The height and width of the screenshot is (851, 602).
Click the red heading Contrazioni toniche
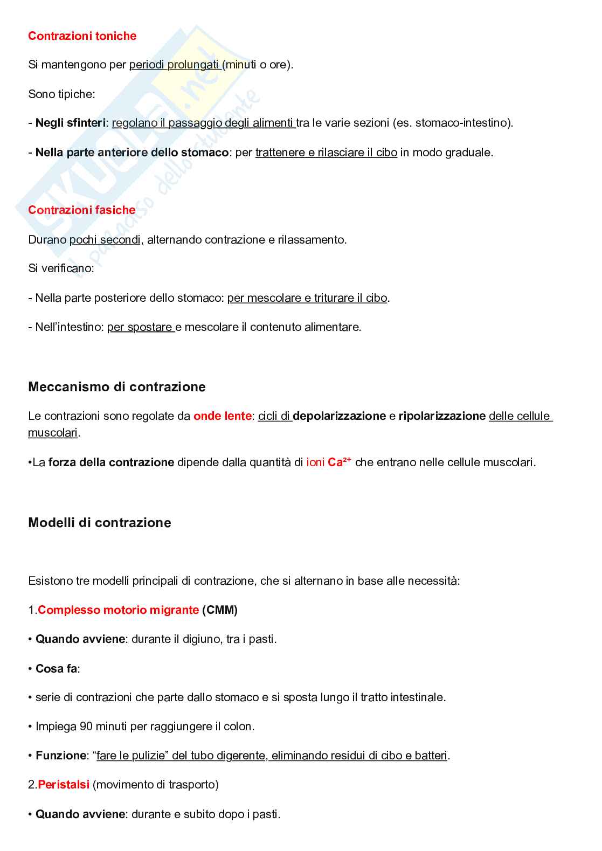tap(82, 36)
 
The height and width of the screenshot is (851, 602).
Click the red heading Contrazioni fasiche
tap(81, 210)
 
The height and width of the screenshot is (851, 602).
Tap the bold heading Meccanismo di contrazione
tap(116, 387)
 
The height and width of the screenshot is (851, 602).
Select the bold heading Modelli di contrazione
tap(99, 523)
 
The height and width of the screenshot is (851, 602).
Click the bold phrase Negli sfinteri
tap(71, 123)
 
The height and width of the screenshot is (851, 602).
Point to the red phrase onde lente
tap(222, 416)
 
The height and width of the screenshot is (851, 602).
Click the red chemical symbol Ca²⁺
tap(339, 462)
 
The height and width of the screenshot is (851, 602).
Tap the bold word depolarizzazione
tap(339, 416)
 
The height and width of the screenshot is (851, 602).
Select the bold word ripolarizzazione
tap(442, 416)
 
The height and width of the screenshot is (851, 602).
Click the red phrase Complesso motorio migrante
tap(118, 610)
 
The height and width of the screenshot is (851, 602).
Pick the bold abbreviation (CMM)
tap(220, 610)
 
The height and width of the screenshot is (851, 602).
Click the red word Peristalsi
tap(64, 785)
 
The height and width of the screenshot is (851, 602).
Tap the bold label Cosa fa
tap(56, 669)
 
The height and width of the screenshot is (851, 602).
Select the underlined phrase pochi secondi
tap(105, 240)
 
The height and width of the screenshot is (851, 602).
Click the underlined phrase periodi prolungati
tap(174, 65)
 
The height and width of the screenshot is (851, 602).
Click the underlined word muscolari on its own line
tap(53, 433)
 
